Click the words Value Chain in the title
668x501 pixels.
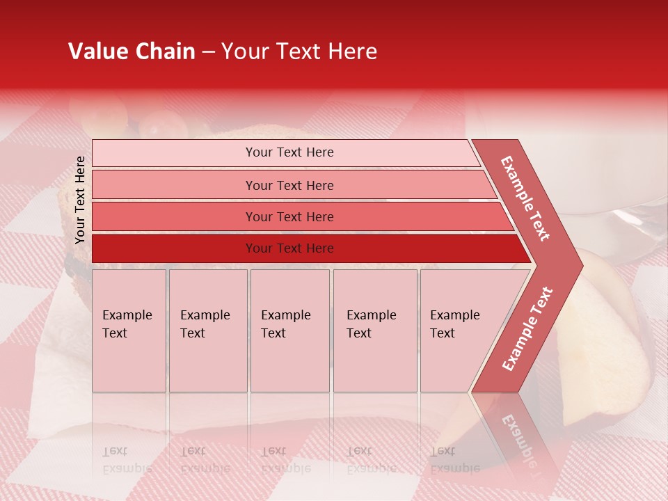tap(132, 51)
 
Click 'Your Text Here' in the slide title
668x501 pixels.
tap(299, 51)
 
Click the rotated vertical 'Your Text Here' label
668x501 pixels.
tap(80, 200)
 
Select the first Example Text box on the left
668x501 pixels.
tap(129, 331)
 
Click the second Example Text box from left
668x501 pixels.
tap(207, 331)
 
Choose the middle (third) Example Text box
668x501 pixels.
tap(289, 331)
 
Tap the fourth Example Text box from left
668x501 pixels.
tap(374, 331)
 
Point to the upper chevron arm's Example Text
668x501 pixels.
tap(525, 198)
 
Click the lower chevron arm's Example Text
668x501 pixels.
tap(527, 328)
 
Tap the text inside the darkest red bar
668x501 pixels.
tap(289, 248)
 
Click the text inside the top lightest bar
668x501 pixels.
tap(289, 152)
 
